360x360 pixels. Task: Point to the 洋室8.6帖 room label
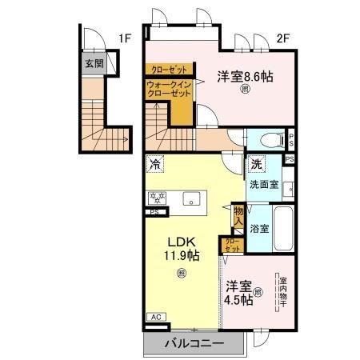pyautogui.click(x=244, y=77)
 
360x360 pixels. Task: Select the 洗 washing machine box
pyautogui.click(x=256, y=163)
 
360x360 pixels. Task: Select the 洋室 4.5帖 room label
pyautogui.click(x=238, y=292)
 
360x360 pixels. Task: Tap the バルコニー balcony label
pyautogui.click(x=193, y=345)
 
